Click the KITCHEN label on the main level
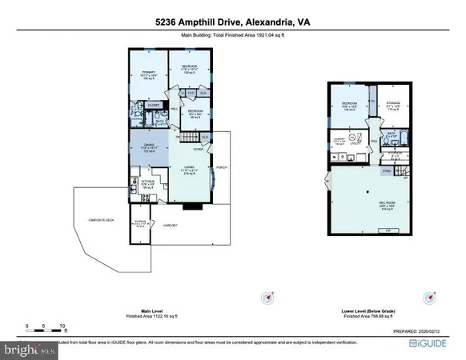pos(147,182)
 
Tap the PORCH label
pos(222,167)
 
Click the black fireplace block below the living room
pos(192,206)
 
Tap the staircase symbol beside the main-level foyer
pos(187,140)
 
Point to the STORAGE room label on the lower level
pos(392,102)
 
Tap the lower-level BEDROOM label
pos(349,103)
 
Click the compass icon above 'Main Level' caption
pos(268,298)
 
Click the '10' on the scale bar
pos(62,327)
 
